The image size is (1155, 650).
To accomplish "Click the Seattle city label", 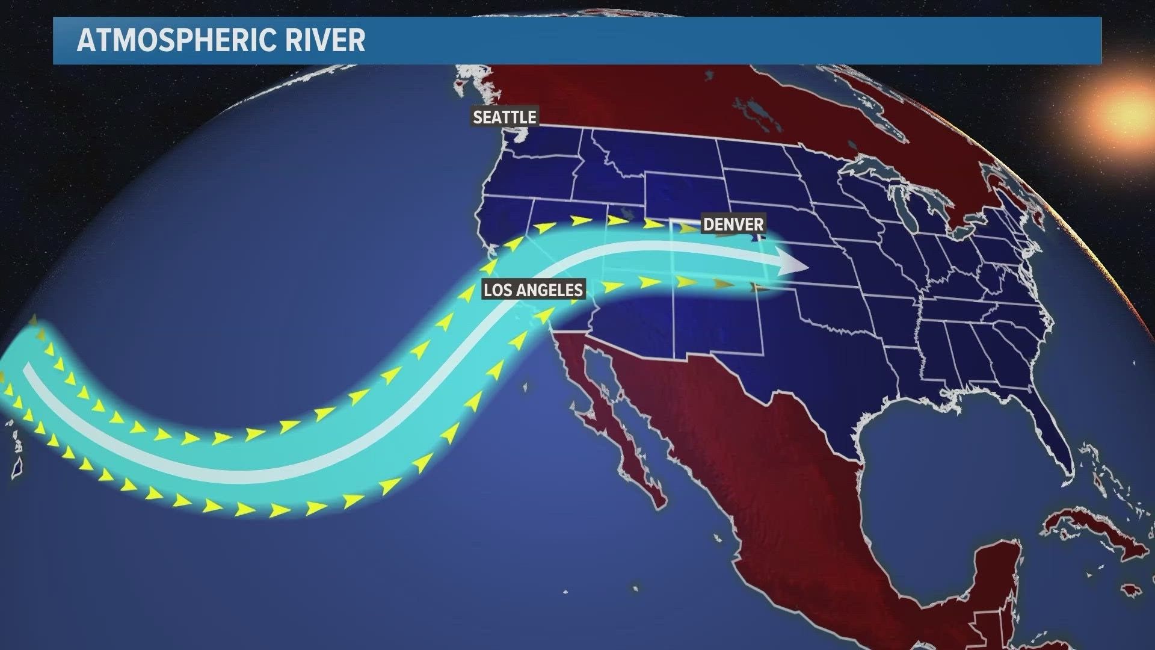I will (504, 117).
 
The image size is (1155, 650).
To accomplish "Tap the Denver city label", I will (733, 224).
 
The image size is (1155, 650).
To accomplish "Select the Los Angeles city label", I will (533, 290).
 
